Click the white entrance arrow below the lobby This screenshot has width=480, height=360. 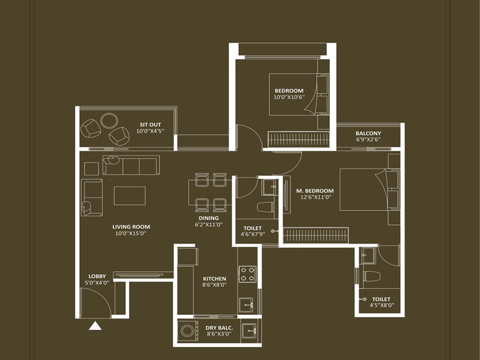pos(95,326)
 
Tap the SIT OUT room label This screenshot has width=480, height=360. pos(150,124)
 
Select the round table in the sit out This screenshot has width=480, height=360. pos(110,121)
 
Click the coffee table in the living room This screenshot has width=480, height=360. pos(130,196)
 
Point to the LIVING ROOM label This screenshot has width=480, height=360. pos(131,227)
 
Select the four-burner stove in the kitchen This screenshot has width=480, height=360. pos(248,274)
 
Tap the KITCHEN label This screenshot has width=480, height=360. pos(214,278)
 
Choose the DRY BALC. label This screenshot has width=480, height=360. pos(219,328)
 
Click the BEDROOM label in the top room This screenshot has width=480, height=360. pos(289,91)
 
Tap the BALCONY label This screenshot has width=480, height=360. pos(368,133)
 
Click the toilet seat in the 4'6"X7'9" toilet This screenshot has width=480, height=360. pos(265,208)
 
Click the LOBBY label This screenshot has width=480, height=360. pos(97,276)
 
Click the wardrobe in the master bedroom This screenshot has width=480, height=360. pos(316,235)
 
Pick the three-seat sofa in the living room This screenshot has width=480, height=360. pos(131,164)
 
